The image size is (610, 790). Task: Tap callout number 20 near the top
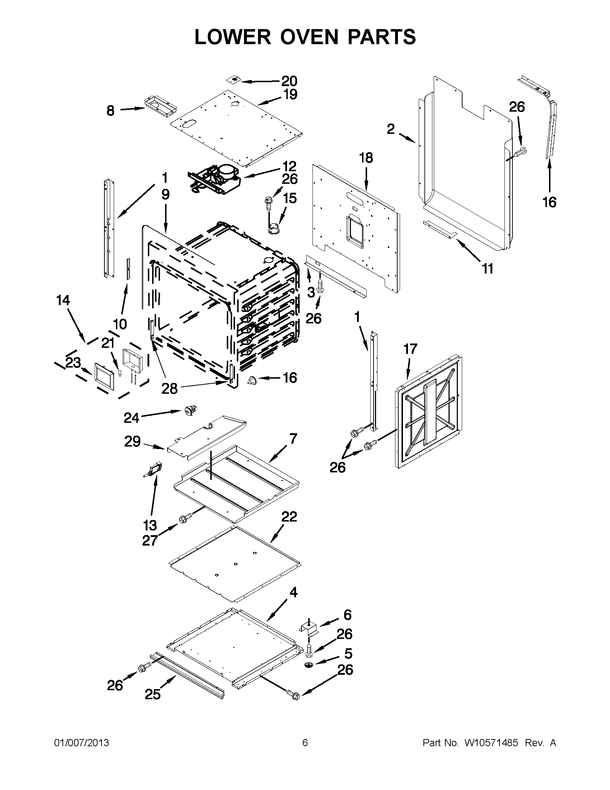tap(289, 81)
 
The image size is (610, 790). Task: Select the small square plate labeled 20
tap(236, 80)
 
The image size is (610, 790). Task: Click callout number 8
tap(111, 110)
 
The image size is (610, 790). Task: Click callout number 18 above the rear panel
tap(366, 158)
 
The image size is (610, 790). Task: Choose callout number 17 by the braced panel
tap(410, 349)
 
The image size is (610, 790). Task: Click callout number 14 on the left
tap(63, 300)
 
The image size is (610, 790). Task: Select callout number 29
tap(132, 441)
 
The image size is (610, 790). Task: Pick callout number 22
tap(289, 516)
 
